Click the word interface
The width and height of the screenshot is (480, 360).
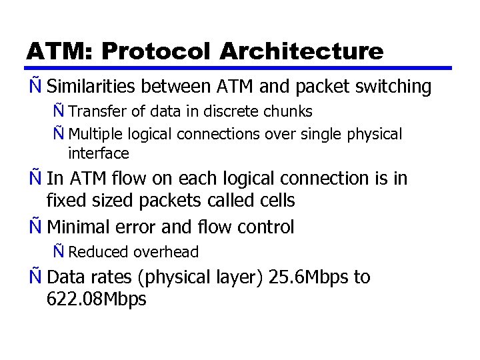pyautogui.click(x=98, y=154)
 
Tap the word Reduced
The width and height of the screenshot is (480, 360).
pyautogui.click(x=98, y=252)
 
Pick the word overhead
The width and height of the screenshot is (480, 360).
pyautogui.click(x=166, y=252)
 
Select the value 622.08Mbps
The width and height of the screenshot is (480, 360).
pyautogui.click(x=97, y=300)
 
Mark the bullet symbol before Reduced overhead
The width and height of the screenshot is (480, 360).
pyautogui.click(x=59, y=251)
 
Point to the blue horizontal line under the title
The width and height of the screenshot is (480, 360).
pyautogui.click(x=240, y=67)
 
